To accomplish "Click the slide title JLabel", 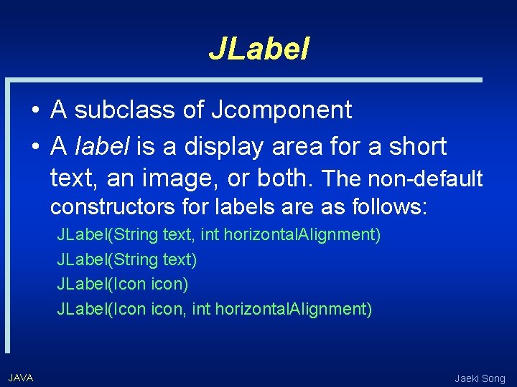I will tap(258, 48).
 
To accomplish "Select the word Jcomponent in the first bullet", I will tap(281, 110).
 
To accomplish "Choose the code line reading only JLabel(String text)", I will tap(126, 259).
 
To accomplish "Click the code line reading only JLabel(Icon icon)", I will tap(122, 284).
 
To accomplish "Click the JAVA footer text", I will tap(21, 378).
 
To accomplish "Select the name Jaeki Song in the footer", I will tap(480, 378).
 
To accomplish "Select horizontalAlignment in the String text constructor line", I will tap(302, 234).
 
